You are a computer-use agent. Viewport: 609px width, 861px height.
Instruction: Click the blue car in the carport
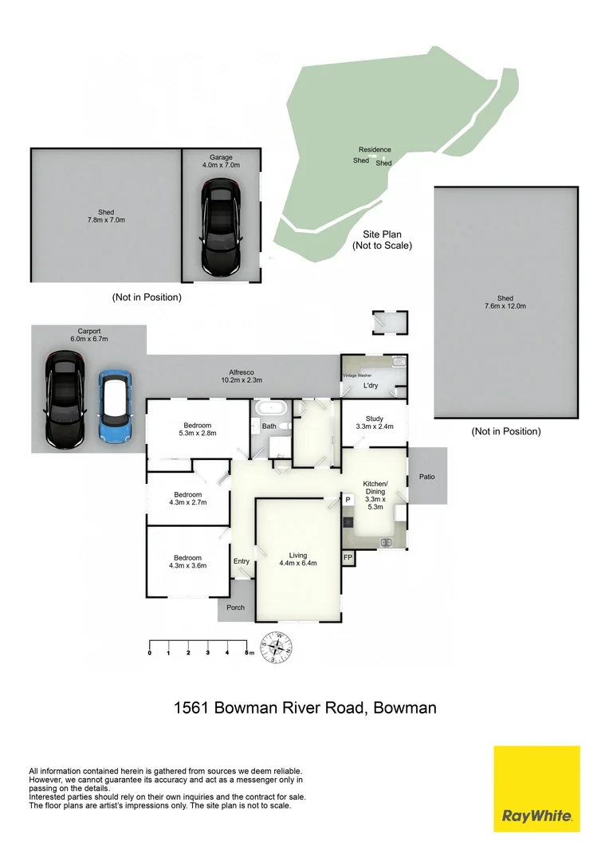(x=114, y=406)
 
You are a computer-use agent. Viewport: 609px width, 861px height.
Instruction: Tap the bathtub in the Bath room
(x=273, y=408)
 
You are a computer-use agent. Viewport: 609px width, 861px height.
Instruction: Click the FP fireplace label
(x=348, y=558)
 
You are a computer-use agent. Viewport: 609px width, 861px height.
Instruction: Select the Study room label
(x=375, y=423)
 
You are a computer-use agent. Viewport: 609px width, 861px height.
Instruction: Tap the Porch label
(x=236, y=607)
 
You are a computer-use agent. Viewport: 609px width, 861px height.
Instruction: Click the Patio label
(x=428, y=477)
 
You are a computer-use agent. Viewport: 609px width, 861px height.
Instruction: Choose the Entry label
(x=242, y=561)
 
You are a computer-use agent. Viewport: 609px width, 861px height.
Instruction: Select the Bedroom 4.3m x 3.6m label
(x=188, y=562)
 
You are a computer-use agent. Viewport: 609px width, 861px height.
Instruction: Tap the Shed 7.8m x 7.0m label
(x=106, y=216)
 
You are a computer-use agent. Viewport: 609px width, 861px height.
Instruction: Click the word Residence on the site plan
(x=375, y=150)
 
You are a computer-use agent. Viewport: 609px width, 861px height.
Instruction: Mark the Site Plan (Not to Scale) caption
(x=382, y=240)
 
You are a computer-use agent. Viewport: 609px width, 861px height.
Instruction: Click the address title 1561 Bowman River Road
(x=305, y=707)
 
